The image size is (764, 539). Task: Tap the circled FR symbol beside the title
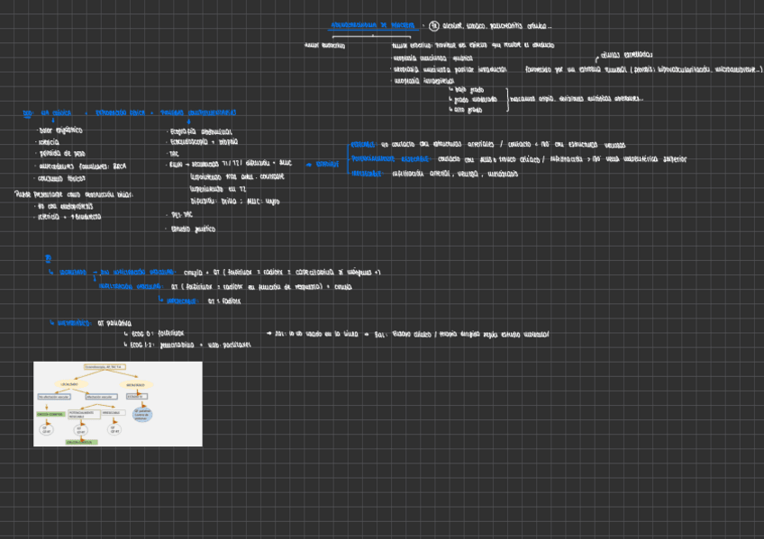pyautogui.click(x=434, y=25)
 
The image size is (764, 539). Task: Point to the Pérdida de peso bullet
pyautogui.click(x=61, y=154)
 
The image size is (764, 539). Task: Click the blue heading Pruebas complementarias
pyautogui.click(x=198, y=113)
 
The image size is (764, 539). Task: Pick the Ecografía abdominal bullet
pyautogui.click(x=200, y=131)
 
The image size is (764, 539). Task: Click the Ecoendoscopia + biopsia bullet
pyautogui.click(x=204, y=142)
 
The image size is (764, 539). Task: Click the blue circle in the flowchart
pyautogui.click(x=142, y=415)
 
